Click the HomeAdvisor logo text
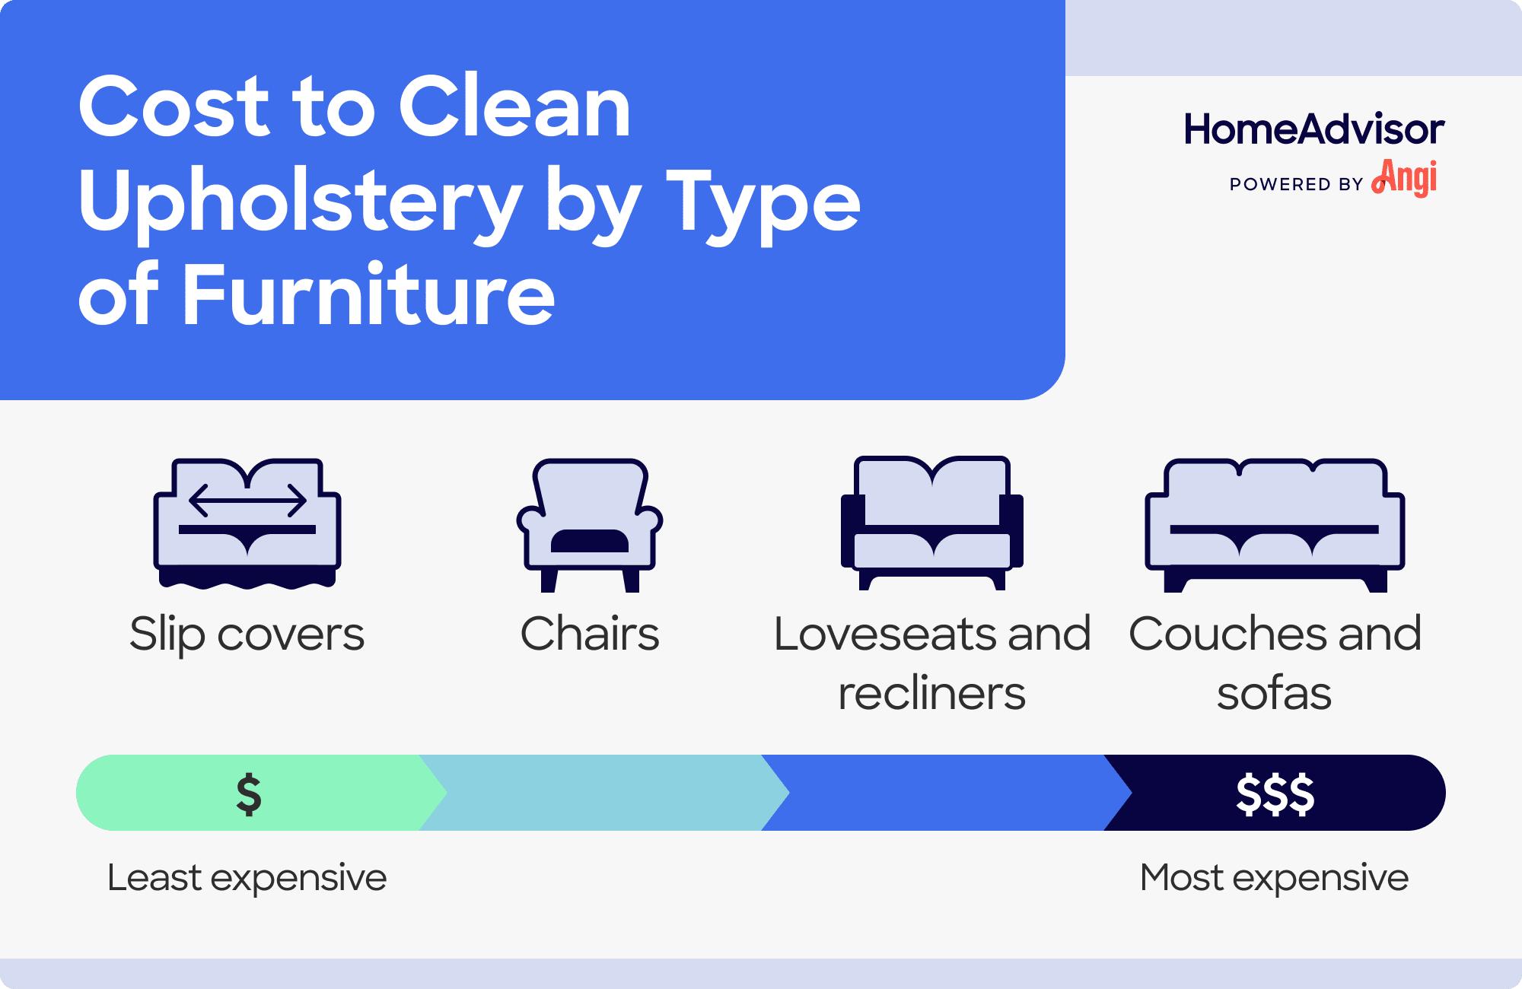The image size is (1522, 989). (x=1313, y=129)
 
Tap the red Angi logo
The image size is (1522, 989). (x=1405, y=178)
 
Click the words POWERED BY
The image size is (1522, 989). (x=1296, y=185)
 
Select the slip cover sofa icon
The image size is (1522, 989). (x=247, y=523)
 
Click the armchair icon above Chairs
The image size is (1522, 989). (x=590, y=525)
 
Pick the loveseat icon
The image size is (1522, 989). (x=932, y=523)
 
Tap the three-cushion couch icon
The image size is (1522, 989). (x=1275, y=525)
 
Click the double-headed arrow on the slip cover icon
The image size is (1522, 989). (x=247, y=500)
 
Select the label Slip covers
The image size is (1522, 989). (x=247, y=634)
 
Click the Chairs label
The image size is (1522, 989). (x=590, y=634)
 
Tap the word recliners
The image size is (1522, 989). (x=931, y=694)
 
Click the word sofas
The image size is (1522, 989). (x=1274, y=694)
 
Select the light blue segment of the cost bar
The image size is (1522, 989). (x=601, y=793)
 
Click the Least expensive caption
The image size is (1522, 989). (x=247, y=878)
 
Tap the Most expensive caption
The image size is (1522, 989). (x=1274, y=878)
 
